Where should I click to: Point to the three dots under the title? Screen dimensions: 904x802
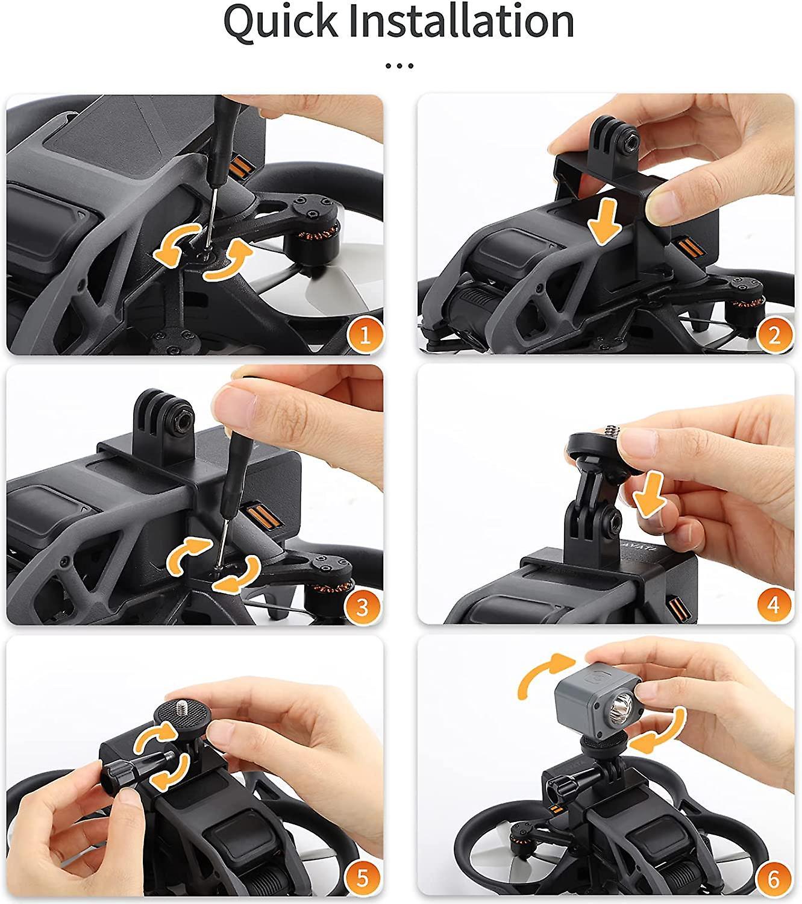coord(400,65)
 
